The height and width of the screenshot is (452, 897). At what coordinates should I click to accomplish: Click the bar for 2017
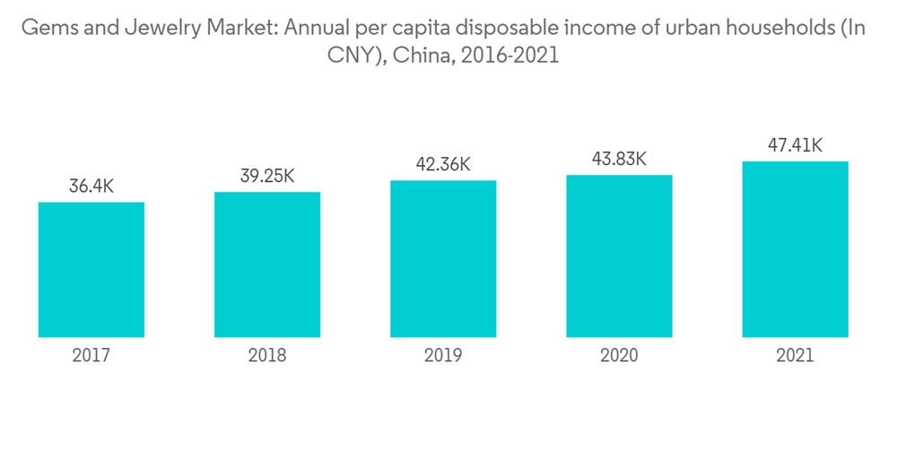[91, 269]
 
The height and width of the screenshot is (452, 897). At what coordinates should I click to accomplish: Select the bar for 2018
[267, 265]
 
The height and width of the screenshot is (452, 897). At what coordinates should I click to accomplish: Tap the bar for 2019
[443, 258]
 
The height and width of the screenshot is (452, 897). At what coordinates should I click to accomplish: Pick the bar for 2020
[619, 256]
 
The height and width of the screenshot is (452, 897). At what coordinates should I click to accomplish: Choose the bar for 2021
[795, 249]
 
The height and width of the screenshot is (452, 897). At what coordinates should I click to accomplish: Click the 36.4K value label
[91, 187]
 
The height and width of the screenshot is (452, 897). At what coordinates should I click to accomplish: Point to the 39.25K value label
[267, 177]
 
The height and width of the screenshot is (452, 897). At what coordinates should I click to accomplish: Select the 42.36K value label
[443, 165]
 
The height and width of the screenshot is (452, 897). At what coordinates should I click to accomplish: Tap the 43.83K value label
[619, 159]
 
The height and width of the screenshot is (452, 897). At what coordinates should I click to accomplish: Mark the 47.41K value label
[795, 145]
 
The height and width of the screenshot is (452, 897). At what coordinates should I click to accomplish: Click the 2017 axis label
[91, 356]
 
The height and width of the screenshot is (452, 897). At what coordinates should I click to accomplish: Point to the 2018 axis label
[267, 356]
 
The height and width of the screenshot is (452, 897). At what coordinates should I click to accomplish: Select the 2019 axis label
[443, 356]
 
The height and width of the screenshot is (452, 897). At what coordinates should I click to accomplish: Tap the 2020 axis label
[619, 356]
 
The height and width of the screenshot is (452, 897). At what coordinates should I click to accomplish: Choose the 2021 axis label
[795, 356]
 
